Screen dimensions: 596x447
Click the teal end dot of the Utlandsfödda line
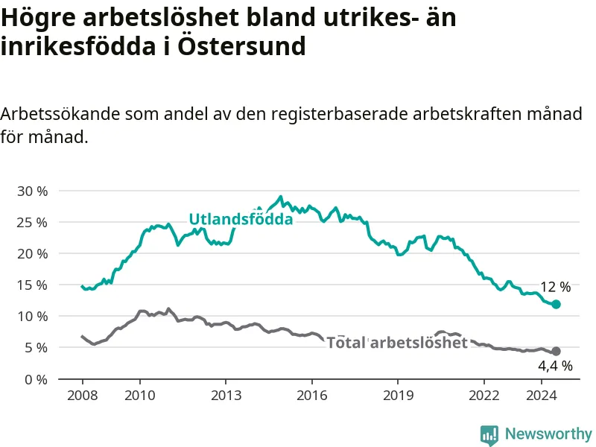[556, 304]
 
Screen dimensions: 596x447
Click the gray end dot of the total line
[556, 351]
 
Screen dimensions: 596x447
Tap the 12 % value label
[555, 287]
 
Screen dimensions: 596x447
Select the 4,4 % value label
[555, 366]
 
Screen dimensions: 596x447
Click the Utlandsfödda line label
[241, 219]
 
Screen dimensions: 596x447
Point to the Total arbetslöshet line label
[397, 343]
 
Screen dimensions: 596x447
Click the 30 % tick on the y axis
[33, 191]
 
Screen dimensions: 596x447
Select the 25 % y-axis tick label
[33, 223]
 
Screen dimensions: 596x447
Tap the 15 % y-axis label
[33, 285]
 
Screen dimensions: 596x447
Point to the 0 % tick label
[36, 379]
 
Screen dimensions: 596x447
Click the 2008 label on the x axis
[83, 396]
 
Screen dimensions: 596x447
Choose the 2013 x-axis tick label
[226, 396]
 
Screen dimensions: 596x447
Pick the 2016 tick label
[312, 396]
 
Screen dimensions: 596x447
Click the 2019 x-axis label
[398, 396]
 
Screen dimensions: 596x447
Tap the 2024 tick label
[542, 396]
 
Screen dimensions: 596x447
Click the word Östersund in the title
[241, 46]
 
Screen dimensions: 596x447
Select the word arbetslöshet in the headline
[161, 17]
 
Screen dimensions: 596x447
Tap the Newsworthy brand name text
[548, 434]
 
